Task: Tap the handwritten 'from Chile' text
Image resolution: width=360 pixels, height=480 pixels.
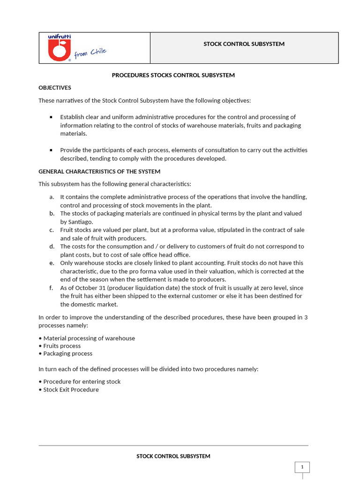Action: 90,53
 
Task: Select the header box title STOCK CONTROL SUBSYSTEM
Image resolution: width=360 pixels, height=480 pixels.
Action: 244,44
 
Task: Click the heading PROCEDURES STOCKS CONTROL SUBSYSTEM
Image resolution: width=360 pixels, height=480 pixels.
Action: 173,75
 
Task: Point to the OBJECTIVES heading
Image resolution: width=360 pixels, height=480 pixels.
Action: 55,88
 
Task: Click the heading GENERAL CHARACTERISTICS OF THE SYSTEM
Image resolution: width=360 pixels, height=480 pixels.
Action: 99,172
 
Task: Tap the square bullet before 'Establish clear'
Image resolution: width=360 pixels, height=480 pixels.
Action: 51,117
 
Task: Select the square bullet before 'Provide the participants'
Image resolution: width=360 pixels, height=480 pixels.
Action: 51,150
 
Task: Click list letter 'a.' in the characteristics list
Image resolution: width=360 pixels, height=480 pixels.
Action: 52,197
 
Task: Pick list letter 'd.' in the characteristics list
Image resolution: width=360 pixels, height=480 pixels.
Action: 52,247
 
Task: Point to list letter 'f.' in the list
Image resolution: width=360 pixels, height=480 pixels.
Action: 51,288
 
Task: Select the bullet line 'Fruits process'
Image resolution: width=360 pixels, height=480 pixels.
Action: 62,346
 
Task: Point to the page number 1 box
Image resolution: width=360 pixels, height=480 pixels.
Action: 302,467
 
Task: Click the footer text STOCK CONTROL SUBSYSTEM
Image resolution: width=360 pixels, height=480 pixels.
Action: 173,456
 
